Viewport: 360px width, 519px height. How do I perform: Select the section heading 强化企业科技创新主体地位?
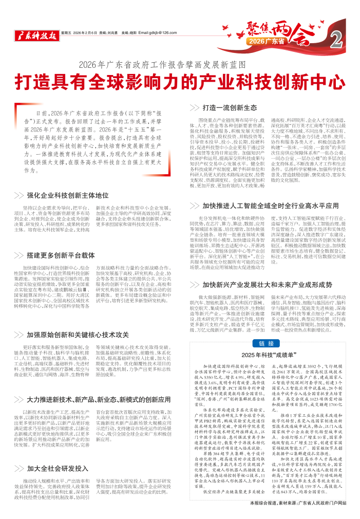68,195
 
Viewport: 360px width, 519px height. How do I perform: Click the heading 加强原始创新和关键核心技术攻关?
78,319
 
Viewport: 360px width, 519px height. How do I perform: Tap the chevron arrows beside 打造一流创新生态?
195,108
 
